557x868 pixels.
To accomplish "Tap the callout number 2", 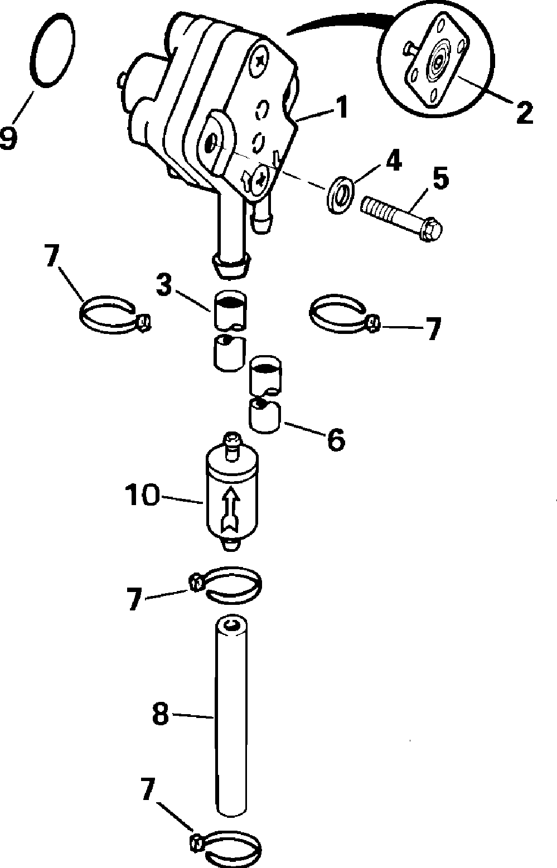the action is tap(524, 112).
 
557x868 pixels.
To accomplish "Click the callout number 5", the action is tap(440, 180).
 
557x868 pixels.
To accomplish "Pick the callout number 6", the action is tap(336, 440).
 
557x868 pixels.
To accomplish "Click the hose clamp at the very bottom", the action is tap(229, 845).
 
